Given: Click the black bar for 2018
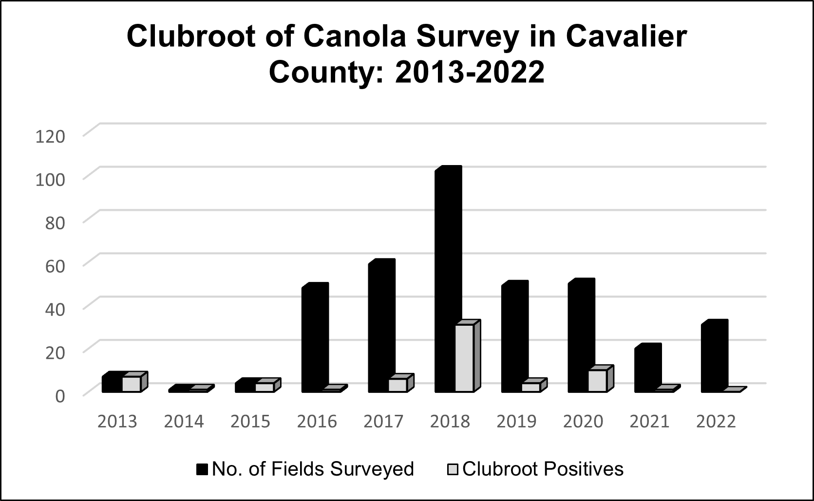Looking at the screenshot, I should (447, 280).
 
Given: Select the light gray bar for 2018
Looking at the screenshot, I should (464, 358).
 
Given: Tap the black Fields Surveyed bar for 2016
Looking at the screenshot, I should (314, 338).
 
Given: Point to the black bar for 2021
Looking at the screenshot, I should (647, 369).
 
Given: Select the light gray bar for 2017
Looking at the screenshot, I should (398, 385).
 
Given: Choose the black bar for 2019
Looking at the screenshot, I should (514, 337).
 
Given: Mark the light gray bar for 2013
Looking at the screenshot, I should (131, 384).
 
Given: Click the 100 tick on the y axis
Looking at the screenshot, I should (50, 180).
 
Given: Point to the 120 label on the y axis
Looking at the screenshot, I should (50, 136).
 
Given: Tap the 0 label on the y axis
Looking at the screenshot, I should (59, 396).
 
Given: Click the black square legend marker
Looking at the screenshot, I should (202, 469).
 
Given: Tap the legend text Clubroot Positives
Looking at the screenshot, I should (543, 469).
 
